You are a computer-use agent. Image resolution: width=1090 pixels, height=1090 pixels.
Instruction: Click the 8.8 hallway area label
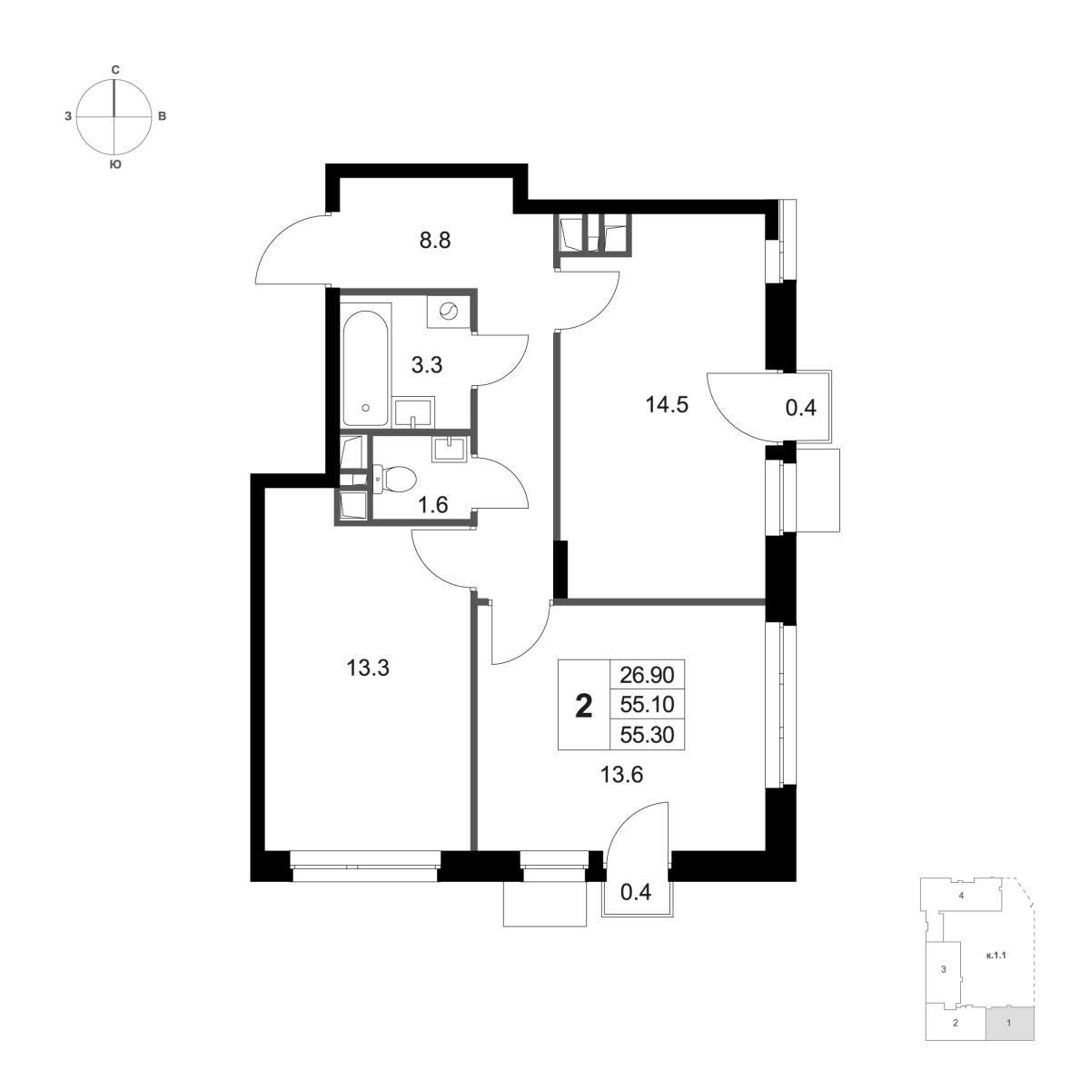pyautogui.click(x=435, y=241)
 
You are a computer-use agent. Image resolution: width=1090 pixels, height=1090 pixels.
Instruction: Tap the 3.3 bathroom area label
pyautogui.click(x=427, y=365)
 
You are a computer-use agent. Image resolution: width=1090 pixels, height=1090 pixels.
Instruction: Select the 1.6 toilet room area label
pyautogui.click(x=433, y=504)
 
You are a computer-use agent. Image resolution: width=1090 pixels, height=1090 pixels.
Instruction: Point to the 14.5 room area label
pyautogui.click(x=667, y=405)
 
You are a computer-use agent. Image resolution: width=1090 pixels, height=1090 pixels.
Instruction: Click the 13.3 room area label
pyautogui.click(x=368, y=669)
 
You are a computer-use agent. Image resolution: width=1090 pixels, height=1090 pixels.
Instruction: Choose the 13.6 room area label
pyautogui.click(x=621, y=775)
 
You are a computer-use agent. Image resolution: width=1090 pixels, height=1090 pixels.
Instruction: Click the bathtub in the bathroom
pyautogui.click(x=366, y=365)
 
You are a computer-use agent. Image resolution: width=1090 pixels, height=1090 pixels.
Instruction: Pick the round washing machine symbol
pyautogui.click(x=450, y=310)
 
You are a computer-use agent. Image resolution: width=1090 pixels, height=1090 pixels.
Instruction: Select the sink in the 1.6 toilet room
pyautogui.click(x=450, y=450)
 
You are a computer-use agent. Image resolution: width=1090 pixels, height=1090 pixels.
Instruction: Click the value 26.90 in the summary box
pyautogui.click(x=647, y=675)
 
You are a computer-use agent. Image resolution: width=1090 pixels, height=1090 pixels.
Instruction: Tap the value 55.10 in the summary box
pyautogui.click(x=647, y=705)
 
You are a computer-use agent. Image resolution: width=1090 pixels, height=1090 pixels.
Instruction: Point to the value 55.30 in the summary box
pyautogui.click(x=647, y=735)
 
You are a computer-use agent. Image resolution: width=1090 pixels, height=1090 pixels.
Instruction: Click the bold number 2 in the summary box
pyautogui.click(x=584, y=707)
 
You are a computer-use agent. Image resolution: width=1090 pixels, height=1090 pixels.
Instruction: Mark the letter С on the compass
pyautogui.click(x=114, y=70)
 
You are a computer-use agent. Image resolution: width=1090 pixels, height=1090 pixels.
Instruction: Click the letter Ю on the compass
pyautogui.click(x=114, y=165)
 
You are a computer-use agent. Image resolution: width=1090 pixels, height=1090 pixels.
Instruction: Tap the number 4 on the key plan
pyautogui.click(x=960, y=911)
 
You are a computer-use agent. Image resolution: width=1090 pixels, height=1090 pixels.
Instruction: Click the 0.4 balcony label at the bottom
pyautogui.click(x=637, y=893)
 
